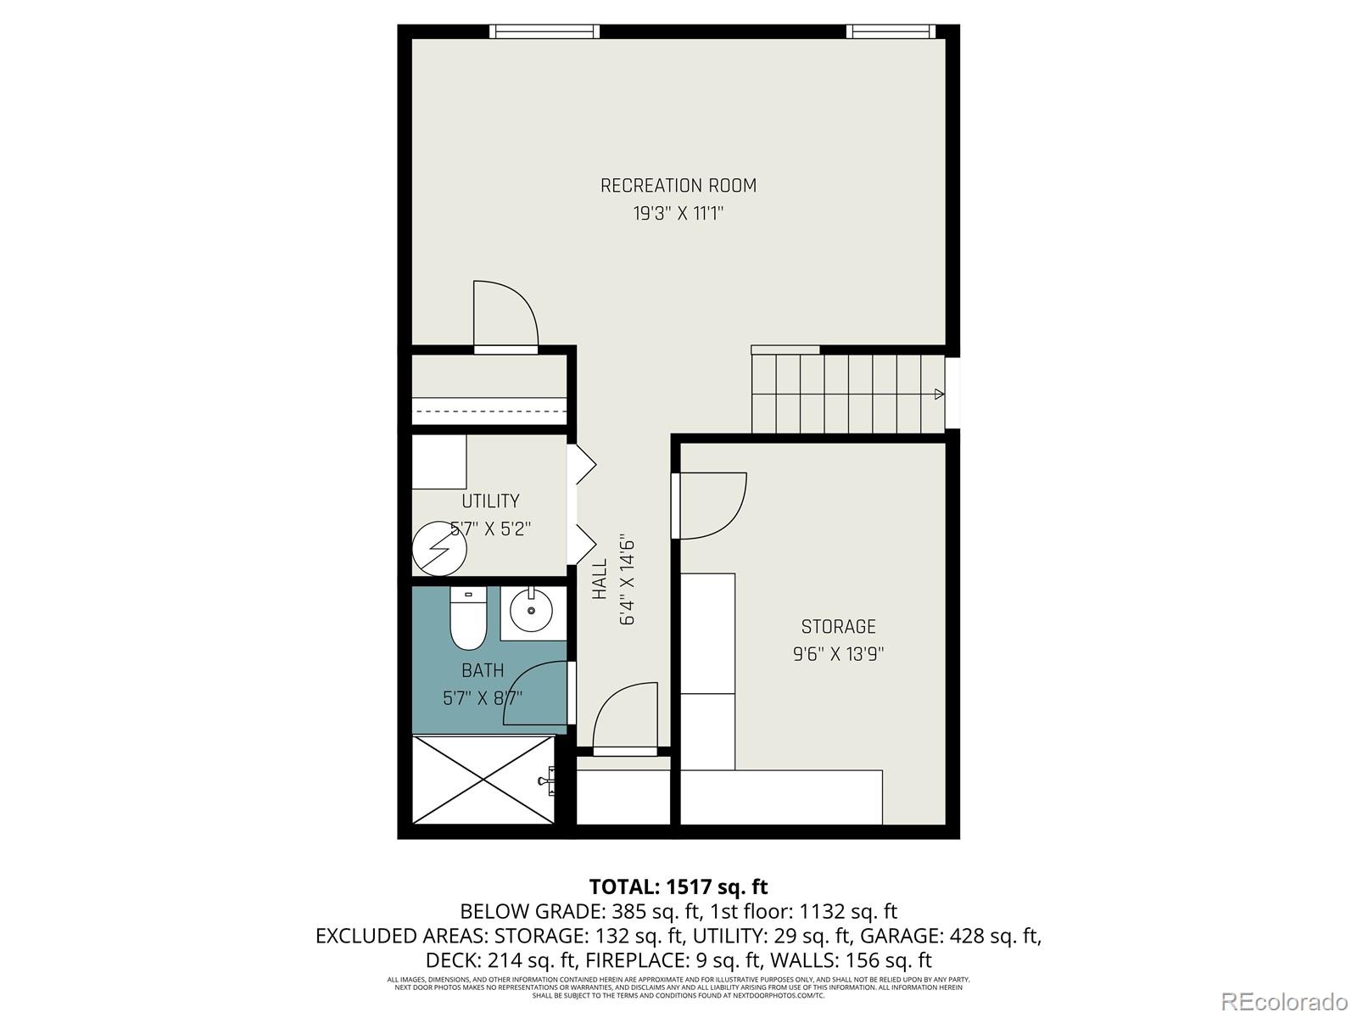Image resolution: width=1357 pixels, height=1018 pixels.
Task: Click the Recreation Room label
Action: pyautogui.click(x=678, y=185)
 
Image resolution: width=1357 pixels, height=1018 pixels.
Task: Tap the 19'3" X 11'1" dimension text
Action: pyautogui.click(x=678, y=213)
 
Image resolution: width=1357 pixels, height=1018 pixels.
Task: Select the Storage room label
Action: pyautogui.click(x=838, y=626)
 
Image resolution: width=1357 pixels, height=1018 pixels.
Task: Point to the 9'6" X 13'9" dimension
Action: pyautogui.click(x=838, y=654)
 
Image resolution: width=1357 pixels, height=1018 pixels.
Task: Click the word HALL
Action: pyautogui.click(x=600, y=579)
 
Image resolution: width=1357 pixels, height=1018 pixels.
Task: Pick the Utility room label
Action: pyautogui.click(x=490, y=501)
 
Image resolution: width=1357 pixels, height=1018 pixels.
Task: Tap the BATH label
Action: pyautogui.click(x=483, y=670)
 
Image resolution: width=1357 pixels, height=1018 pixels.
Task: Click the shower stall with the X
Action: pyautogui.click(x=483, y=779)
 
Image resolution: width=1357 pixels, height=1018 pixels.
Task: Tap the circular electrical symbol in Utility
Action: pyautogui.click(x=439, y=549)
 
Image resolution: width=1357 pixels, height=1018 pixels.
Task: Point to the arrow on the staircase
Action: pyautogui.click(x=939, y=394)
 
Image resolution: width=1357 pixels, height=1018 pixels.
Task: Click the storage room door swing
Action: pyautogui.click(x=712, y=505)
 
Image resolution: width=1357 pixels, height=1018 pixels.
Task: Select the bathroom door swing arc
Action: pyautogui.click(x=537, y=694)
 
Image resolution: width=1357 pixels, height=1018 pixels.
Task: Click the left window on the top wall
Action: pyautogui.click(x=544, y=31)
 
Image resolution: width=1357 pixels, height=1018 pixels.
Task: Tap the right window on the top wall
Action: pyautogui.click(x=890, y=31)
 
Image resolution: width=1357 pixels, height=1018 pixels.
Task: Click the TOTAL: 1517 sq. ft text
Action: pyautogui.click(x=678, y=887)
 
